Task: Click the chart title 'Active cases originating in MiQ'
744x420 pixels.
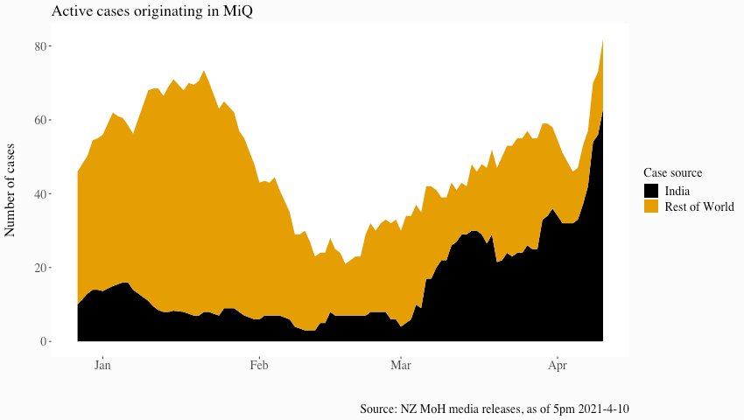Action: click(x=153, y=11)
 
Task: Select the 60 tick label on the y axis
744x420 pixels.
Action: click(x=40, y=120)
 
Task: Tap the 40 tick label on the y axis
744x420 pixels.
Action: click(x=40, y=193)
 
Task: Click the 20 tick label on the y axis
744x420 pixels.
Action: click(x=40, y=268)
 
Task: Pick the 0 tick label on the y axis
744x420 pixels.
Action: click(x=44, y=341)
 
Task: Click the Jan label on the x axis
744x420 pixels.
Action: click(x=102, y=365)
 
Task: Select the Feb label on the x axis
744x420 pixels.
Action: click(x=258, y=365)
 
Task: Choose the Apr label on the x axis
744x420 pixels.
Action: click(x=556, y=365)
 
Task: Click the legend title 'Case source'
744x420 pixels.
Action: click(x=672, y=172)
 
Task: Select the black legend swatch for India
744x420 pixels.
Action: click(x=651, y=191)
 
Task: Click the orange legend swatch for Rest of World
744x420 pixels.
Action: click(x=651, y=206)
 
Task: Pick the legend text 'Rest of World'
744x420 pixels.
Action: click(x=699, y=206)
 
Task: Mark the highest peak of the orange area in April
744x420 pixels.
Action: click(x=602, y=40)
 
